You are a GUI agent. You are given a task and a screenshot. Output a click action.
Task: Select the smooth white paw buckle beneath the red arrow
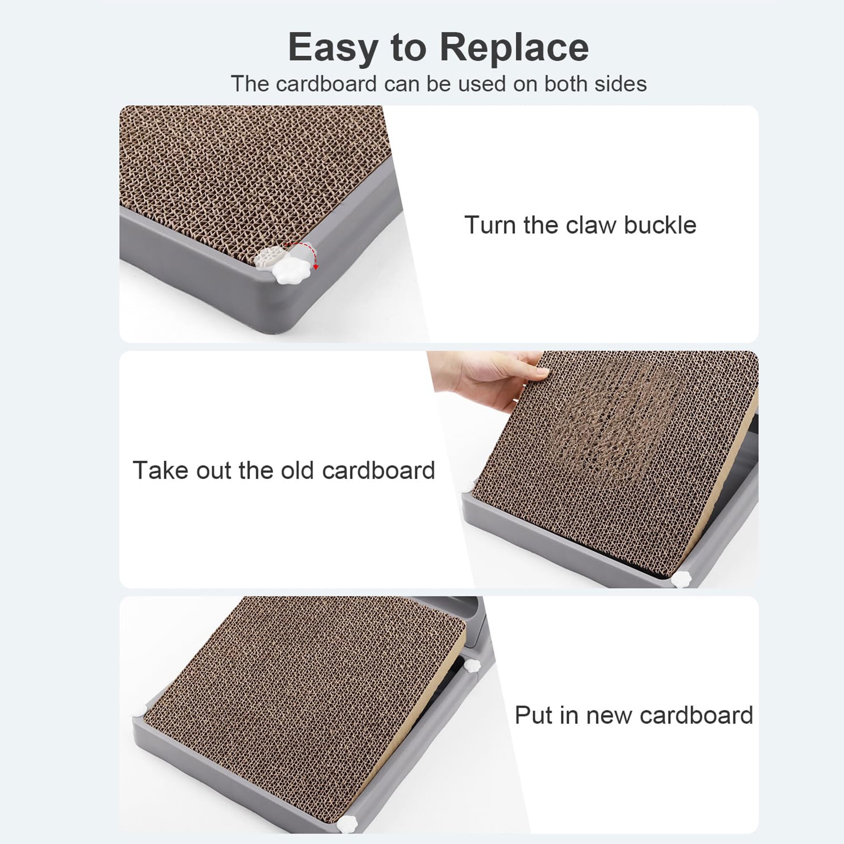pos(290,271)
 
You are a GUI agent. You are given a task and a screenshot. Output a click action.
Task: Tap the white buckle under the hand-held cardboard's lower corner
pos(681,579)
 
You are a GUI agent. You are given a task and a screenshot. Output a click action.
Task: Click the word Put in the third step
pos(533,715)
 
